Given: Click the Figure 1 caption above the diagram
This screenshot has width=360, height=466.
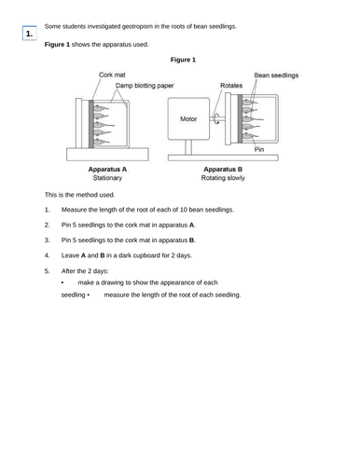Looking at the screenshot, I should (182, 60).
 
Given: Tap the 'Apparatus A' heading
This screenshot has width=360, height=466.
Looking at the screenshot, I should (107, 169).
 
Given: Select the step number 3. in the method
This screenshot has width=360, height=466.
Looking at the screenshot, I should (48, 239).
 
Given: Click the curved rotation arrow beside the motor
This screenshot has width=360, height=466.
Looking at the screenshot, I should (216, 117).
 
